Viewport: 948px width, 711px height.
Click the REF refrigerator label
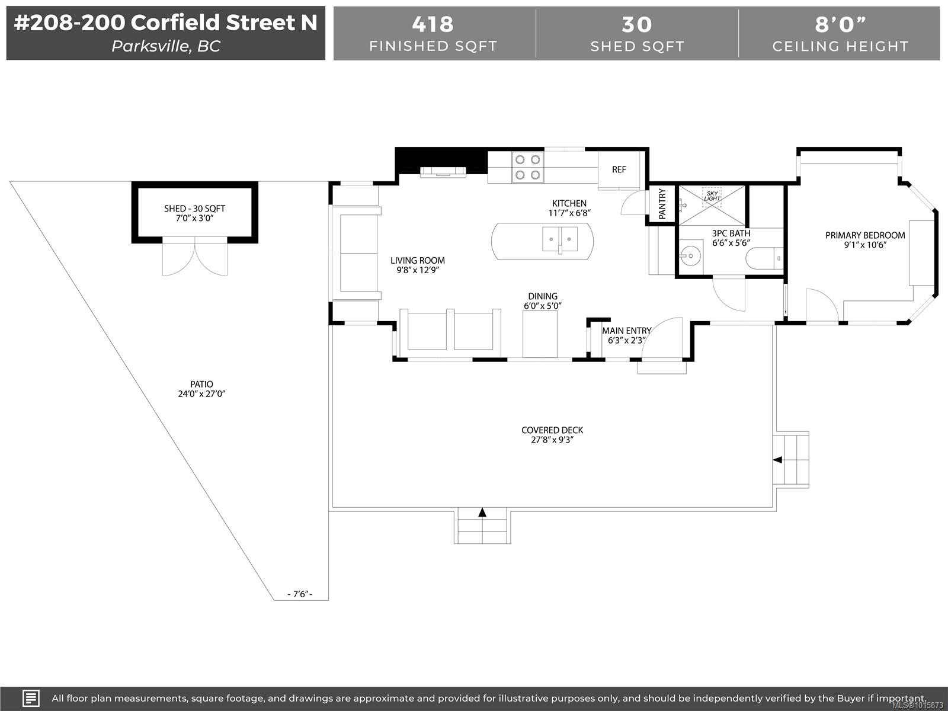[x=619, y=169]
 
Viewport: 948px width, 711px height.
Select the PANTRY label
[x=662, y=204]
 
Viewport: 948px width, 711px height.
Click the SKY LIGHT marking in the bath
[x=712, y=195]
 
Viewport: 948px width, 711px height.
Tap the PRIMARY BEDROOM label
[x=865, y=235]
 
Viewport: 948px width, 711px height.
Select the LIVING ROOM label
[x=417, y=260]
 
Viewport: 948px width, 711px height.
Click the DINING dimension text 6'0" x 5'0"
[x=542, y=306]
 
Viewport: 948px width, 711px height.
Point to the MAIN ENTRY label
[x=626, y=331]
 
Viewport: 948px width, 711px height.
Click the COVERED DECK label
[x=552, y=430]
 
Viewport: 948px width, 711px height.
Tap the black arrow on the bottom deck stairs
[x=482, y=512]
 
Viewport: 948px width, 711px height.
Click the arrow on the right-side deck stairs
[x=777, y=460]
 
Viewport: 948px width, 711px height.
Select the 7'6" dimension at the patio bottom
[x=299, y=594]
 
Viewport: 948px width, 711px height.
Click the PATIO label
[x=201, y=384]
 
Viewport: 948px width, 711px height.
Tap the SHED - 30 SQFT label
[x=194, y=209]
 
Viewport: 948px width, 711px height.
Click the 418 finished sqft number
[x=433, y=24]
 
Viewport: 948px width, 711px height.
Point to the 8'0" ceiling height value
[x=840, y=24]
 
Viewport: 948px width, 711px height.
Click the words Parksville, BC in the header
[x=166, y=46]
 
